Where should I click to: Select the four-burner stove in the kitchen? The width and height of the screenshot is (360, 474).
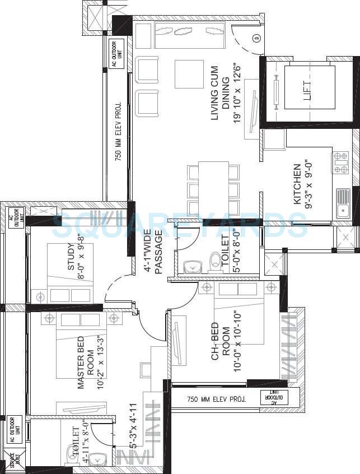coord(341,162)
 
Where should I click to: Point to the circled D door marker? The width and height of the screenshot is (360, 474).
coord(256,38)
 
